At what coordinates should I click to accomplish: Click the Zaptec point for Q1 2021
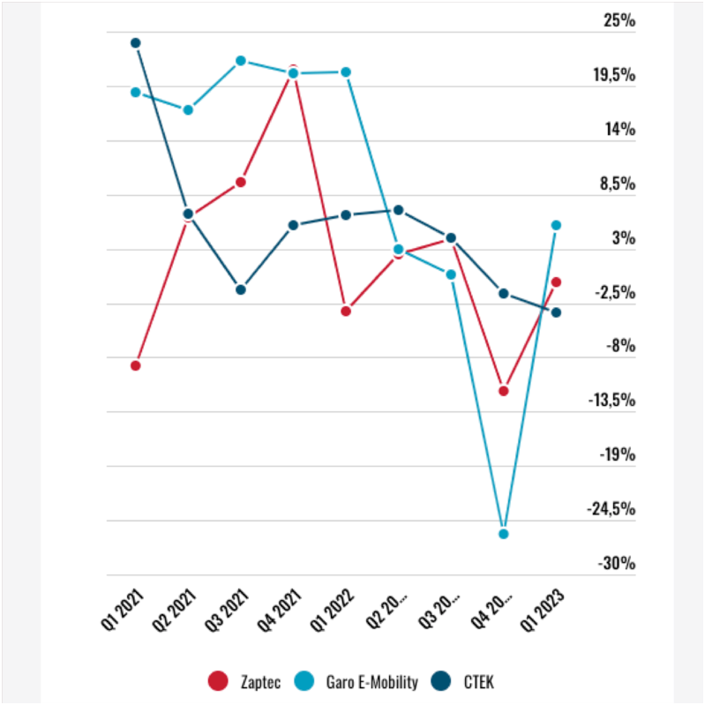[x=136, y=365]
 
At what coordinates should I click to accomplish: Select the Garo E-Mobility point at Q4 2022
[x=504, y=534]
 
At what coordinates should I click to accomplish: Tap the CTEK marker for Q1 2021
[x=136, y=42]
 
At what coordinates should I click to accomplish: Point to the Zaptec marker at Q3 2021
[x=240, y=182]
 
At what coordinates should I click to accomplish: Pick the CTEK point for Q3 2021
[x=240, y=289]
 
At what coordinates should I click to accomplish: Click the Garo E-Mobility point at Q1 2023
[x=556, y=225]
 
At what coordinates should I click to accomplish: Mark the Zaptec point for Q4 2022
[x=504, y=390]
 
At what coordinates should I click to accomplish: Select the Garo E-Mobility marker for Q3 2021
[x=240, y=61]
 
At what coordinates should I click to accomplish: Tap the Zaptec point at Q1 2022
[x=346, y=311]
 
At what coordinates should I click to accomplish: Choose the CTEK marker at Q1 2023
[x=556, y=312]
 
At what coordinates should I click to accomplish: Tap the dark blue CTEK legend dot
[x=445, y=680]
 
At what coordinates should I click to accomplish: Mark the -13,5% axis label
[x=612, y=401]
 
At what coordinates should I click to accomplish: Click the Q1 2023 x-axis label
[x=541, y=610]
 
